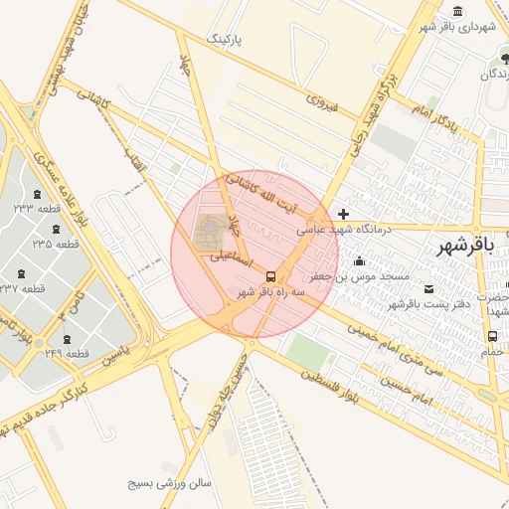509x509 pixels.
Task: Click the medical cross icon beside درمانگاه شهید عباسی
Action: (343, 214)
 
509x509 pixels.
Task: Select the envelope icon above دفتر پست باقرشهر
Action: (429, 288)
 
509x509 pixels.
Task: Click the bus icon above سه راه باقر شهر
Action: (270, 276)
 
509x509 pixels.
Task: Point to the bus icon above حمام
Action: (493, 336)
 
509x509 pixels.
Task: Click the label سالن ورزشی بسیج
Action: (171, 484)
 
